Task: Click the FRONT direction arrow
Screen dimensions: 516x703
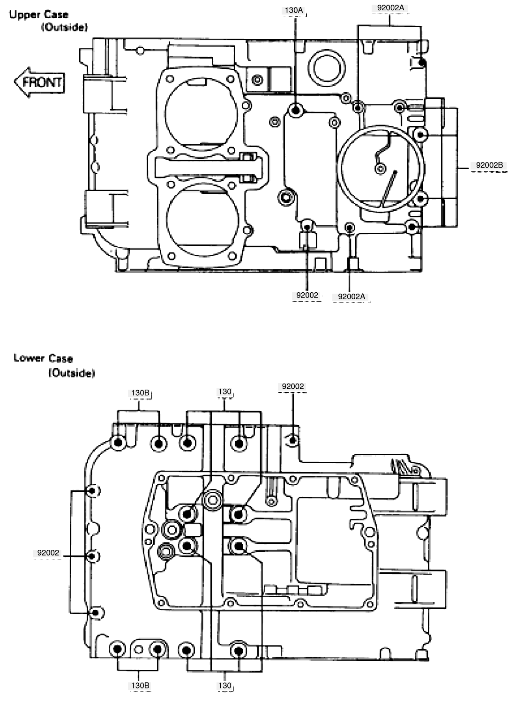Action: [39, 82]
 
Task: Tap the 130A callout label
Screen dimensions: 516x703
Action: [294, 10]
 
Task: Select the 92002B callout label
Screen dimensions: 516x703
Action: [489, 165]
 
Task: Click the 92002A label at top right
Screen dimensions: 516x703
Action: [390, 8]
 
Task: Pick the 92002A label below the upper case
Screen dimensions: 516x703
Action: [351, 296]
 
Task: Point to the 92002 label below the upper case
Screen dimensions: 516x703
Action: [307, 296]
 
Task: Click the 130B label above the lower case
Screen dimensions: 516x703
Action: [140, 393]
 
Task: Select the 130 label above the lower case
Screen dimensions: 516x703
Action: [224, 392]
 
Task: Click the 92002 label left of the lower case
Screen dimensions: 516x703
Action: [48, 553]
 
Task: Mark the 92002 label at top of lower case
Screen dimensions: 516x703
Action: [293, 387]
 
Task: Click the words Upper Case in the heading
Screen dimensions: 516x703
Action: [38, 15]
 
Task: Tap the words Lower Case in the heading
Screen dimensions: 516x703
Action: [43, 358]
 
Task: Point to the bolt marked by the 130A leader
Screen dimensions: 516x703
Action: [295, 111]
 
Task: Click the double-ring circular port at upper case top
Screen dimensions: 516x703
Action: [327, 68]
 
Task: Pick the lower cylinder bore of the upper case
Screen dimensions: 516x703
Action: [202, 219]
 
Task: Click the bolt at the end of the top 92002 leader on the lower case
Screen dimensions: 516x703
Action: [293, 441]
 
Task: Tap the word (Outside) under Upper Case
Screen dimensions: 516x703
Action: [64, 27]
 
